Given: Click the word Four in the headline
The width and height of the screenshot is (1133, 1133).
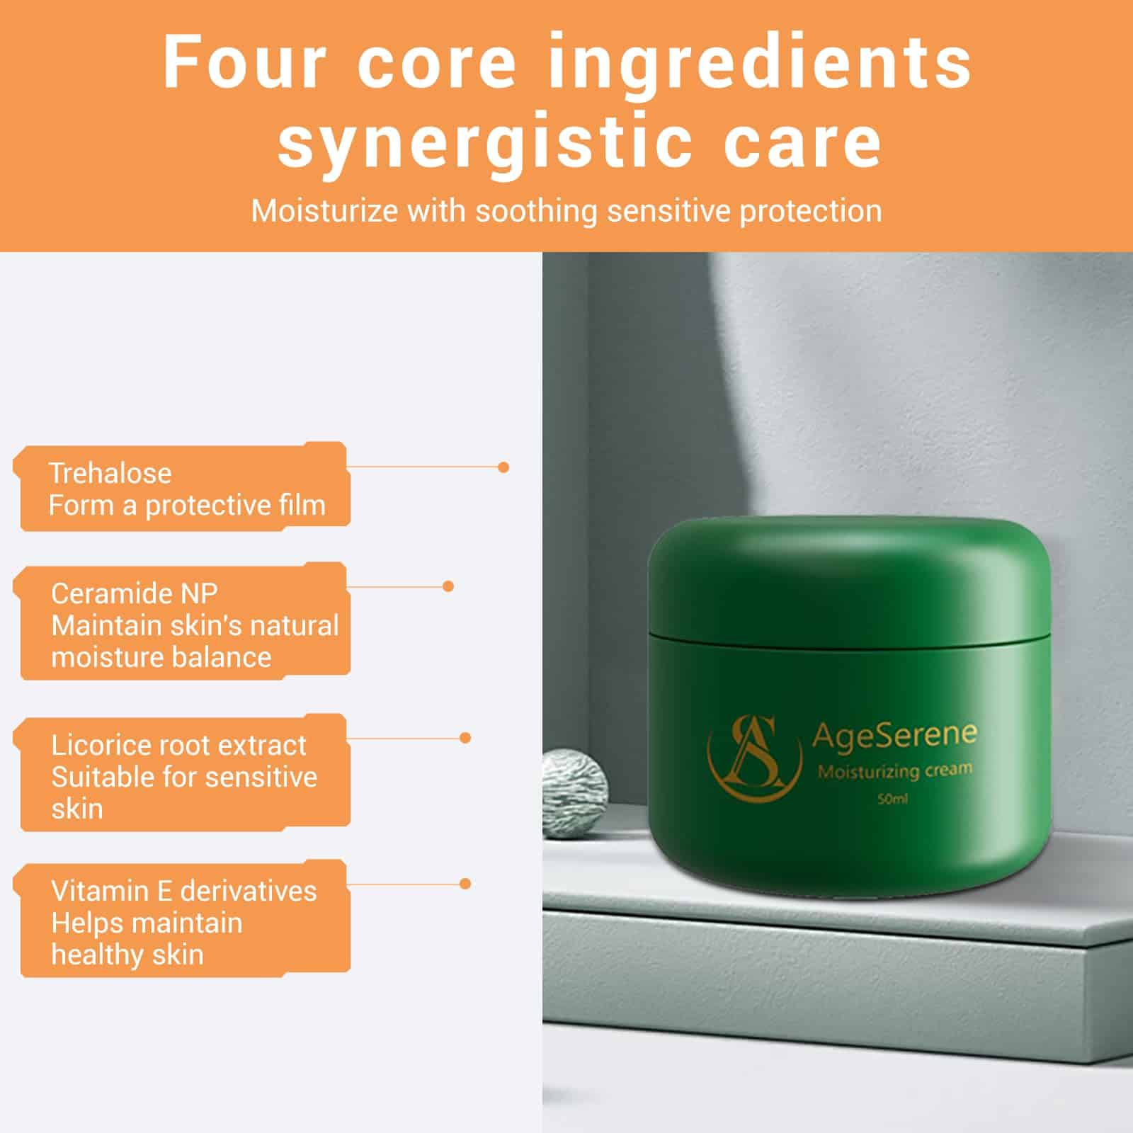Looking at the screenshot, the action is (243, 62).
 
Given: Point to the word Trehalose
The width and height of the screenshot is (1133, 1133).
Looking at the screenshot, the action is (110, 473).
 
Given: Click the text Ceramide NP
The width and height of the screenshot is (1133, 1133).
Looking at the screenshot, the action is (135, 593).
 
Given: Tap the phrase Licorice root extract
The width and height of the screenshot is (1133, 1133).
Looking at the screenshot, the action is (178, 745).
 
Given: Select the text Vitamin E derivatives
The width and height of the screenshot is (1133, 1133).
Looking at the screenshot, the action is (184, 891).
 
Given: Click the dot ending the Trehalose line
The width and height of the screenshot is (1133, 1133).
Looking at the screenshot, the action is (503, 467).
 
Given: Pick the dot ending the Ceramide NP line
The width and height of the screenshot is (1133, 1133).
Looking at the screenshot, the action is (448, 586).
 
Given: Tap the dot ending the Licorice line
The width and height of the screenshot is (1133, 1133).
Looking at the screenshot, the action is (465, 738).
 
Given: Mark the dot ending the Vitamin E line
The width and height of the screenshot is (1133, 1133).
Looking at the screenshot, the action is (465, 884).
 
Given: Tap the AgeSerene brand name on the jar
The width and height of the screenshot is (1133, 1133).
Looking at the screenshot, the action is (894, 735).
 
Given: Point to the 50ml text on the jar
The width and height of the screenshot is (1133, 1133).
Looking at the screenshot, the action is (892, 800).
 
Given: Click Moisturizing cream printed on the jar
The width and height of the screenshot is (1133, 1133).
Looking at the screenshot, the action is (894, 771).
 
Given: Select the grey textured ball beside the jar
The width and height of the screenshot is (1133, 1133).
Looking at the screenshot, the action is (575, 793).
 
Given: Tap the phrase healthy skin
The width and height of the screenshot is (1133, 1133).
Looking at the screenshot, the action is (127, 955).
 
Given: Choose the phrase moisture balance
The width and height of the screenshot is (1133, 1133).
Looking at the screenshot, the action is (161, 658).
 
